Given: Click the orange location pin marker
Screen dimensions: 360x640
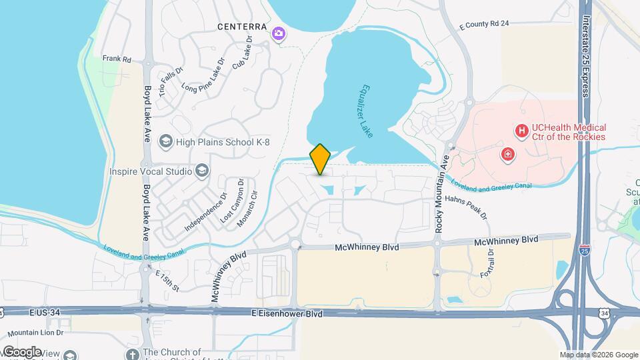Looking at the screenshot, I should coord(321,159).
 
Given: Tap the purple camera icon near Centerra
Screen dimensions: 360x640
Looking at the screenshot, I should coord(279,33).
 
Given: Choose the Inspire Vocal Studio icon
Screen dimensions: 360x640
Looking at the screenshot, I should coord(201,171).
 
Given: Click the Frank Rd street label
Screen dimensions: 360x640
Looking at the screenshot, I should coord(116,59).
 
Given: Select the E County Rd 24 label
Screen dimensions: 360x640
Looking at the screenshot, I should coord(484,24).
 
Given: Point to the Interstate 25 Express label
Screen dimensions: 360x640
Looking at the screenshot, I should coord(586,47).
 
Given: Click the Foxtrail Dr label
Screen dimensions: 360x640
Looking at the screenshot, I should coord(486,263).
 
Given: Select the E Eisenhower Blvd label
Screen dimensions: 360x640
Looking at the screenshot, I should coord(287,313).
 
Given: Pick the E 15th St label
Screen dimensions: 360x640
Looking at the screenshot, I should coord(167,281).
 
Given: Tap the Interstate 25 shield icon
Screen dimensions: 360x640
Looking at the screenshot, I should coord(584,251).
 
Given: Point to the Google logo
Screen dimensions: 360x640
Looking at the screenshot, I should coord(21,351).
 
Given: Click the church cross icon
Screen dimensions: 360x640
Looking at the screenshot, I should coord(132,354).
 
